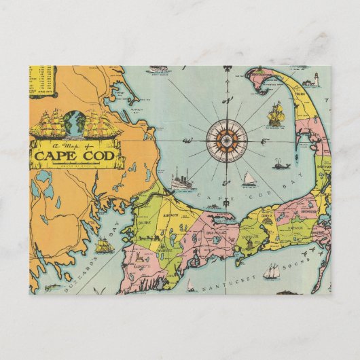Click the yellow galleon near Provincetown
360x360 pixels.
(275, 113)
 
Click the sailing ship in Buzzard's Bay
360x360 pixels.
(104, 245)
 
